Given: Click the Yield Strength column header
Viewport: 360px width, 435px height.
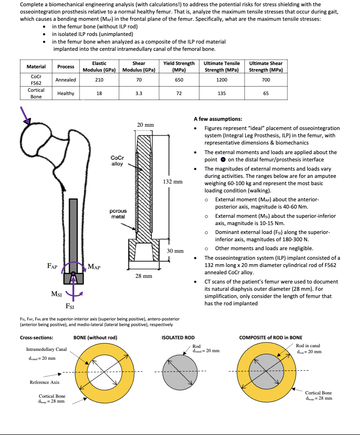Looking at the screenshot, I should tap(179, 66).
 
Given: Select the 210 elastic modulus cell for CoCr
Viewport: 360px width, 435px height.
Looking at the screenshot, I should tap(99, 80).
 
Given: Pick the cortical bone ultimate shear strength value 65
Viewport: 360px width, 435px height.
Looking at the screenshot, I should tap(266, 93).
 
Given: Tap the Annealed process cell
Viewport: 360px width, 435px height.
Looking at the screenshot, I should tap(66, 80).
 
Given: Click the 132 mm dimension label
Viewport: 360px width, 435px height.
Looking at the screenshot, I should tap(173, 182).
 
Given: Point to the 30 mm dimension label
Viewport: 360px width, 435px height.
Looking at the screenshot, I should tap(175, 251).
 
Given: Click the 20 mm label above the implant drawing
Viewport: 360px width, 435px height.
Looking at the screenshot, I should tap(145, 125).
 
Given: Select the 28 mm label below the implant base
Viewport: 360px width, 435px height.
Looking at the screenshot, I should tap(144, 276).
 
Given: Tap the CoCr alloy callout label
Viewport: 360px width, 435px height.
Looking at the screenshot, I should tap(117, 161).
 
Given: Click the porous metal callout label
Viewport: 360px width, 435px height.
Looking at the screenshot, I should tap(118, 214).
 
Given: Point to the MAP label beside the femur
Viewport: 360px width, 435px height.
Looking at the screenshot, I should tap(94, 267).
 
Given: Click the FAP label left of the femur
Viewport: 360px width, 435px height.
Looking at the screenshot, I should tap(52, 266).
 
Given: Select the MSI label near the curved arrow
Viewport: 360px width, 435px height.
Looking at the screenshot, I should tap(56, 294).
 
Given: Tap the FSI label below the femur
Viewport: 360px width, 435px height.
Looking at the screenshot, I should tap(70, 306).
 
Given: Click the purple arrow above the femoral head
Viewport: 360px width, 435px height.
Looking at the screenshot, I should tap(25, 115).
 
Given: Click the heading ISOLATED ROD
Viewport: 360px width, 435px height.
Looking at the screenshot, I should tap(178, 338).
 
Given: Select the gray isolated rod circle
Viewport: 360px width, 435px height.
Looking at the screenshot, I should tap(180, 371).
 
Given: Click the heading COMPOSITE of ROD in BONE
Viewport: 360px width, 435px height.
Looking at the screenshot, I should tap(271, 338).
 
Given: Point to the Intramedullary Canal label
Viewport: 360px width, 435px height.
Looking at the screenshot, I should tap(46, 349).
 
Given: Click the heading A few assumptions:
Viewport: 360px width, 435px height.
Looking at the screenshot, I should tap(218, 119).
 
